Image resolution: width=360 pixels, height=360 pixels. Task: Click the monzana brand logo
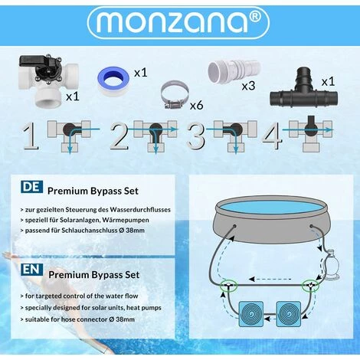point(178,22)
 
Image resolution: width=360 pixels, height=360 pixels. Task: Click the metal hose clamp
point(175,97)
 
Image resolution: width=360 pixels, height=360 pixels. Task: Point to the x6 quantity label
point(196,105)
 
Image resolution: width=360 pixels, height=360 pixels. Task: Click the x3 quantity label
point(248,86)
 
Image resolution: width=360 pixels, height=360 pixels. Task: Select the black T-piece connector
point(303,90)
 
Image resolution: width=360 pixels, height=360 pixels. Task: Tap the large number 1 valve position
point(31,136)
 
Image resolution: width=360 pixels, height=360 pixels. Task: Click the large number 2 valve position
point(119,136)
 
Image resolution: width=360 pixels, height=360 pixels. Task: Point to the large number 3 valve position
point(196,136)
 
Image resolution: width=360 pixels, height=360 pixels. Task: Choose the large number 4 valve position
point(272,136)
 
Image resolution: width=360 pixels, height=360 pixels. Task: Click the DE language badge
point(32,187)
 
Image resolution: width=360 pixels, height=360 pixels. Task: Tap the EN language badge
point(32,270)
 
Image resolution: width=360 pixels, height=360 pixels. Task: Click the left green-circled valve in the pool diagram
point(228,285)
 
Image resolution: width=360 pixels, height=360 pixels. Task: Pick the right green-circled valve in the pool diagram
point(310,286)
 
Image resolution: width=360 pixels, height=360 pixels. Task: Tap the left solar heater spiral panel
point(252,314)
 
